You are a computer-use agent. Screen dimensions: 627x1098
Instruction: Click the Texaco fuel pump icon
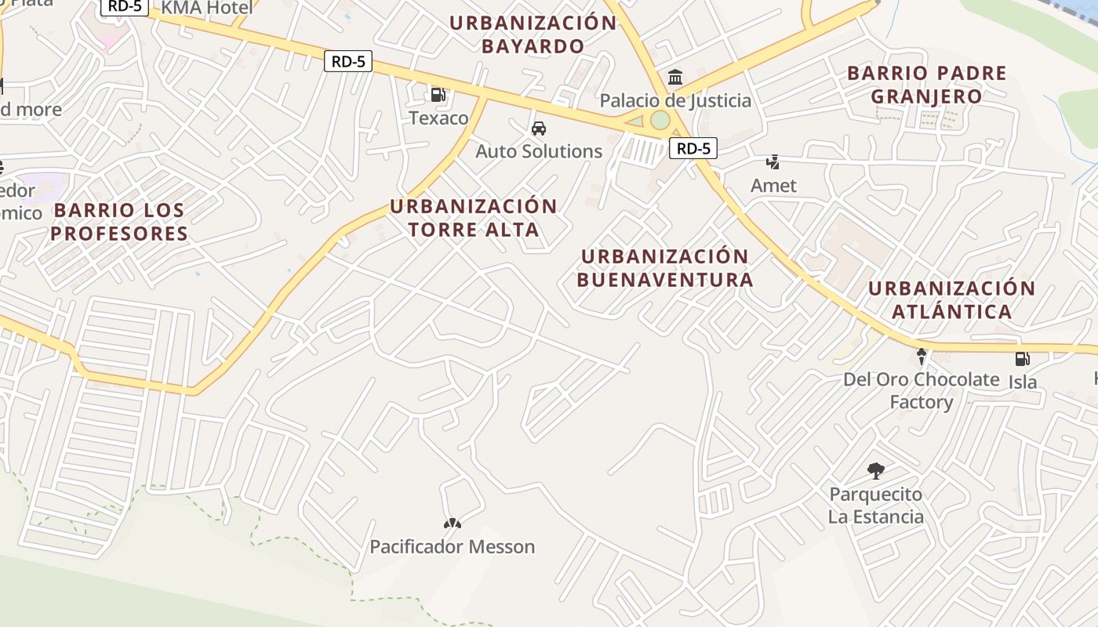438,95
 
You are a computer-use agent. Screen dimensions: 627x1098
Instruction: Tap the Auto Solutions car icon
539,129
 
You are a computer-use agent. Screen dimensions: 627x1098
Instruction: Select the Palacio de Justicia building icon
675,77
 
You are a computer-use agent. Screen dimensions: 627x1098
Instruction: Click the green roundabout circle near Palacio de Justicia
660,120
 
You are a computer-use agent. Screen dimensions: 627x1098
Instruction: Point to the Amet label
773,186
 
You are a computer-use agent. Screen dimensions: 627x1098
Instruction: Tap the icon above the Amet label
773,162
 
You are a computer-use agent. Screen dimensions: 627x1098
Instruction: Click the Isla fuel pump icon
1022,359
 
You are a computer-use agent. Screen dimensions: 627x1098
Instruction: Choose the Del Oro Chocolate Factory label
921,390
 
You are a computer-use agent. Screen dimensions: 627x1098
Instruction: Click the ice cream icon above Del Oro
922,357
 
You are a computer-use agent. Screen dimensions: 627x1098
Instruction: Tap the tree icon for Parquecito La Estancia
876,471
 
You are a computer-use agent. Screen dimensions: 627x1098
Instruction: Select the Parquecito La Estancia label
876,506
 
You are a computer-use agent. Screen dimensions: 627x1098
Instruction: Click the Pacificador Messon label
453,546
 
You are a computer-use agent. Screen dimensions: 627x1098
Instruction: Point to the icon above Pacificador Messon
453,524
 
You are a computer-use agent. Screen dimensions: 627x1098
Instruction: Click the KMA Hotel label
208,9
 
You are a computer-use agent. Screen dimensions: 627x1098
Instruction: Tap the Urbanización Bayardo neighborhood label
533,34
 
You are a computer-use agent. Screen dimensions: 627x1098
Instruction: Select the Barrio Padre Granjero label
927,85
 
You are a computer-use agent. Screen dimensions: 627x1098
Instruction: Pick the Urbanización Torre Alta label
474,218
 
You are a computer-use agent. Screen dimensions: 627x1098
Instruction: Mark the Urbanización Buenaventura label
665,268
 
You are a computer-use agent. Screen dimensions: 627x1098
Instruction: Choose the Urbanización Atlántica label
952,299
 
